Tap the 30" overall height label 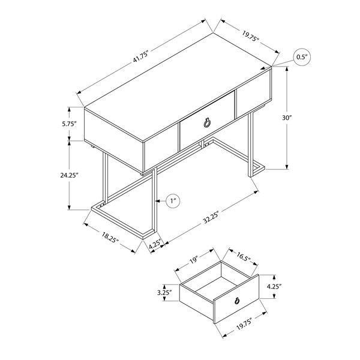coord(287,118)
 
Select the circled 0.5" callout coord(302,57)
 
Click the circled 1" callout coord(173,201)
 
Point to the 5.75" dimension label coord(69,124)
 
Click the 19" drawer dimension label coord(194,260)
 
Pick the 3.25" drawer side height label coord(164,293)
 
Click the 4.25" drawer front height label coord(274,286)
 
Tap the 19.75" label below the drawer coord(244,323)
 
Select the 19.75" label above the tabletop coord(250,36)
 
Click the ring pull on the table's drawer coord(206,123)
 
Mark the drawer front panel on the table coord(208,121)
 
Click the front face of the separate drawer coord(236,299)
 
